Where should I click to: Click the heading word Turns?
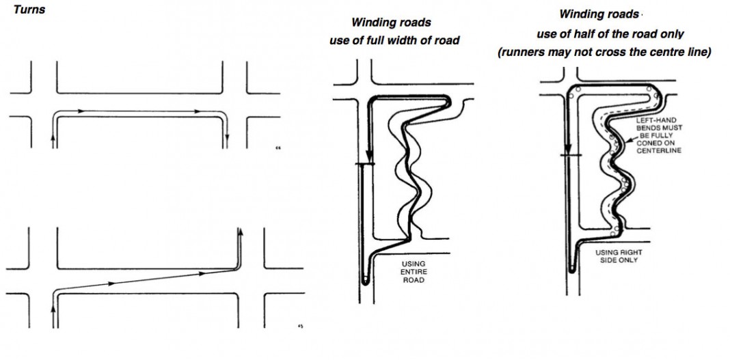tap(29, 10)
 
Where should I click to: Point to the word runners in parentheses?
tap(524, 53)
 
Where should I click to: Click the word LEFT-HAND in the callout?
tap(652, 120)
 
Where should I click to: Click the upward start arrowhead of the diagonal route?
tap(53, 308)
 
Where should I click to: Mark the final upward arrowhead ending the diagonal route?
tap(240, 232)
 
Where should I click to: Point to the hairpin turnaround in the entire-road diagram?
tap(364, 281)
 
